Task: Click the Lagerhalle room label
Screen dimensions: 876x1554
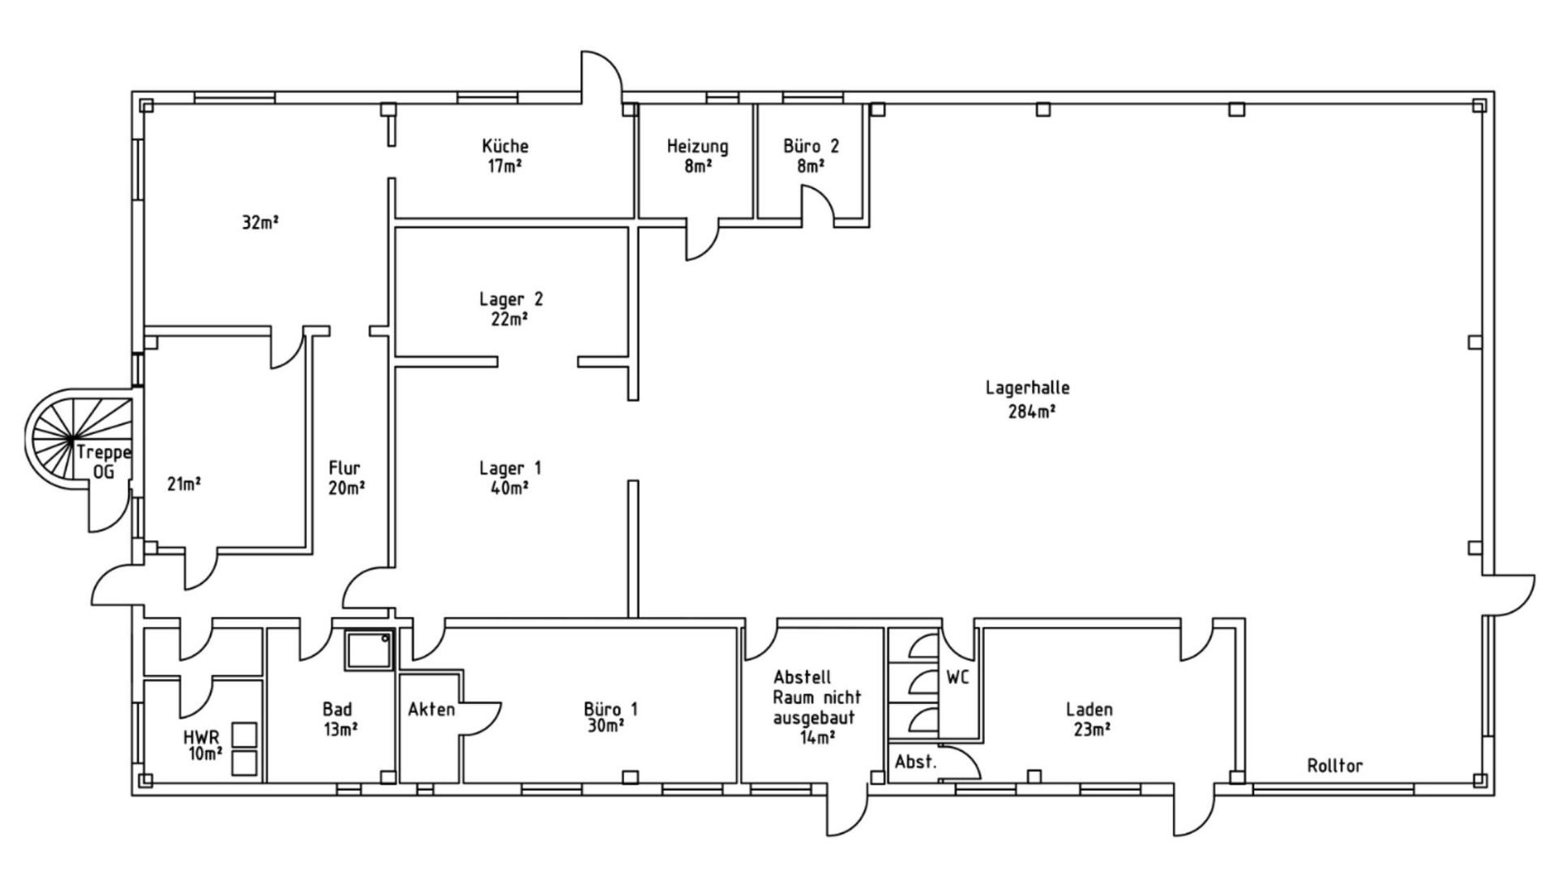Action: tap(1027, 388)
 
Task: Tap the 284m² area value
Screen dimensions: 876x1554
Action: tap(1031, 412)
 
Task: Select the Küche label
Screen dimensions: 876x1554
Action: tap(505, 146)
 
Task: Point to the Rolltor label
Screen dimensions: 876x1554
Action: tap(1334, 765)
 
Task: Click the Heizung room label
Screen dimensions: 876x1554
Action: tap(697, 146)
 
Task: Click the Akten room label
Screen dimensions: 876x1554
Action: tap(431, 710)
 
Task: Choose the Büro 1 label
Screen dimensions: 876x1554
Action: tap(610, 708)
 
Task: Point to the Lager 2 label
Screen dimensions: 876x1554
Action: tap(511, 298)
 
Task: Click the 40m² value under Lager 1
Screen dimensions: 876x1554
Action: tap(509, 488)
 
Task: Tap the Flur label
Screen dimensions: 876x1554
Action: tap(345, 468)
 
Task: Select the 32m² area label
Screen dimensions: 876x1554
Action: tap(260, 222)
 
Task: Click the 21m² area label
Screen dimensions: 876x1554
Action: tap(184, 484)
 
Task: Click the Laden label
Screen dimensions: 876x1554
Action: tap(1089, 710)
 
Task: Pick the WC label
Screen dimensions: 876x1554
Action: tap(957, 677)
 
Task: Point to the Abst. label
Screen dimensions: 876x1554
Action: tap(915, 762)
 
